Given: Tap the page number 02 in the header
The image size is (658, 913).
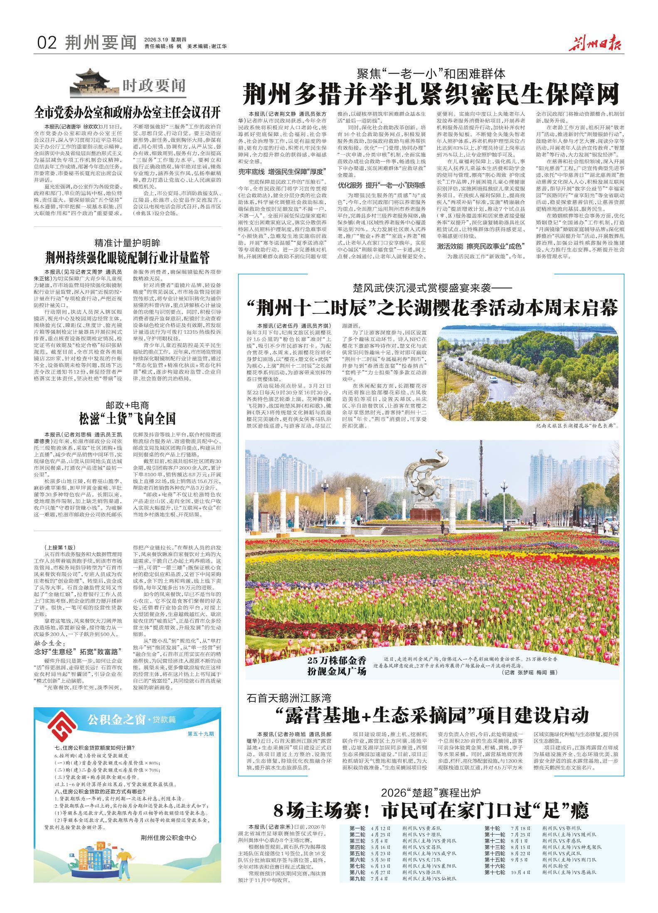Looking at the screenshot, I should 47,42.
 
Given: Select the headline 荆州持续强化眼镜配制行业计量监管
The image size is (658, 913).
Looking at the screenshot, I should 127,258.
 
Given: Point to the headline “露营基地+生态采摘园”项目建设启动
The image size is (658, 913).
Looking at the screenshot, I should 432,715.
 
